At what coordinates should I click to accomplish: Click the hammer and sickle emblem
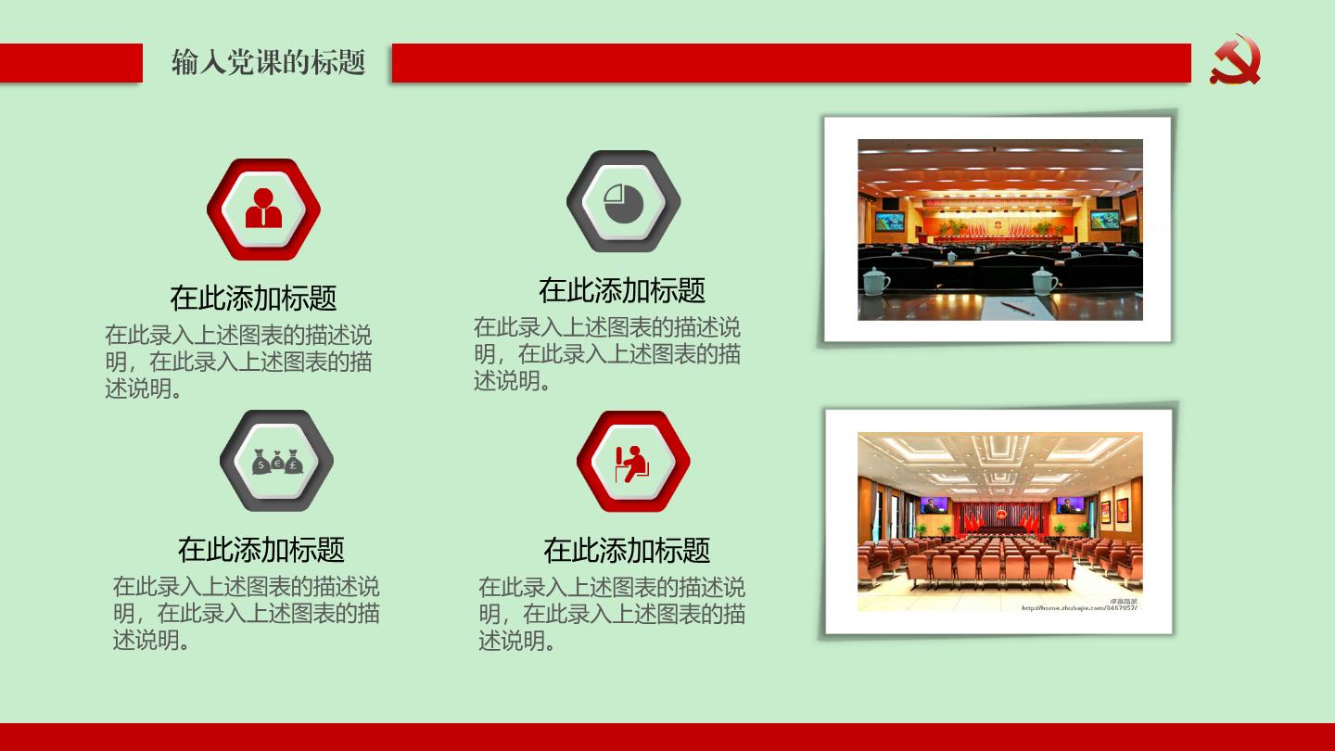point(1235,59)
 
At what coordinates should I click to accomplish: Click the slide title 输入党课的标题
point(268,62)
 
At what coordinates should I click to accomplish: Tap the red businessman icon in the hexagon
point(263,208)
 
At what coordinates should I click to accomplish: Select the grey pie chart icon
point(623,203)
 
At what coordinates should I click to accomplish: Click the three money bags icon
point(277,462)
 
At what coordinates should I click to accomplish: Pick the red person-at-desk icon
point(632,464)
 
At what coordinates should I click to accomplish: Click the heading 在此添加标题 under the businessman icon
point(253,298)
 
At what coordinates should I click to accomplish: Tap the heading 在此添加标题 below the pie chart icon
point(621,290)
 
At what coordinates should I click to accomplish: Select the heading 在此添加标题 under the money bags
point(261,550)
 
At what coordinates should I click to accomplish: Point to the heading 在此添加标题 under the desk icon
point(627,550)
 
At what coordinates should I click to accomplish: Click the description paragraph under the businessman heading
point(238,362)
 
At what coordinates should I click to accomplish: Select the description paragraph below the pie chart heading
point(607,353)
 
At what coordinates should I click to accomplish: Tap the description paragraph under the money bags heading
point(247,613)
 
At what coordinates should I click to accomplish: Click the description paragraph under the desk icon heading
point(612,614)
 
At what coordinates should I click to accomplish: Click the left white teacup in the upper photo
point(875,280)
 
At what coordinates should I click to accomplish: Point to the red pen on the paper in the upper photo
point(1017,308)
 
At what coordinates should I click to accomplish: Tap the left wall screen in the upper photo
point(889,222)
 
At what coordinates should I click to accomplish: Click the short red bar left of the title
point(71,63)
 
